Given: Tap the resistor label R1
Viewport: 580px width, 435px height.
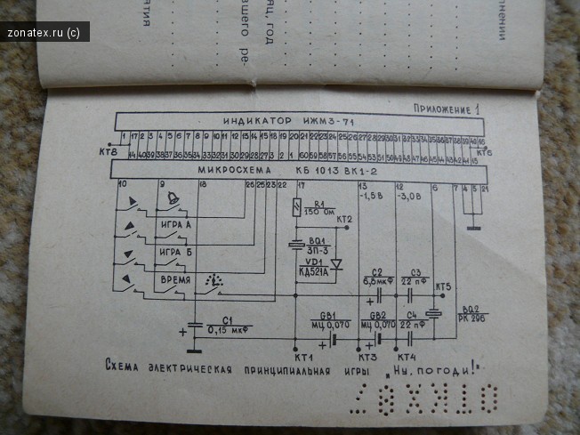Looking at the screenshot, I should [318, 204].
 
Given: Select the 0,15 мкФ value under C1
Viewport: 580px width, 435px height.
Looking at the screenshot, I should [228, 330].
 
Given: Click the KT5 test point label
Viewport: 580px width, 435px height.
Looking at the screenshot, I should [442, 287].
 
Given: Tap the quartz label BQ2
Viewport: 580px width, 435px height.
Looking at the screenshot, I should [471, 309].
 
